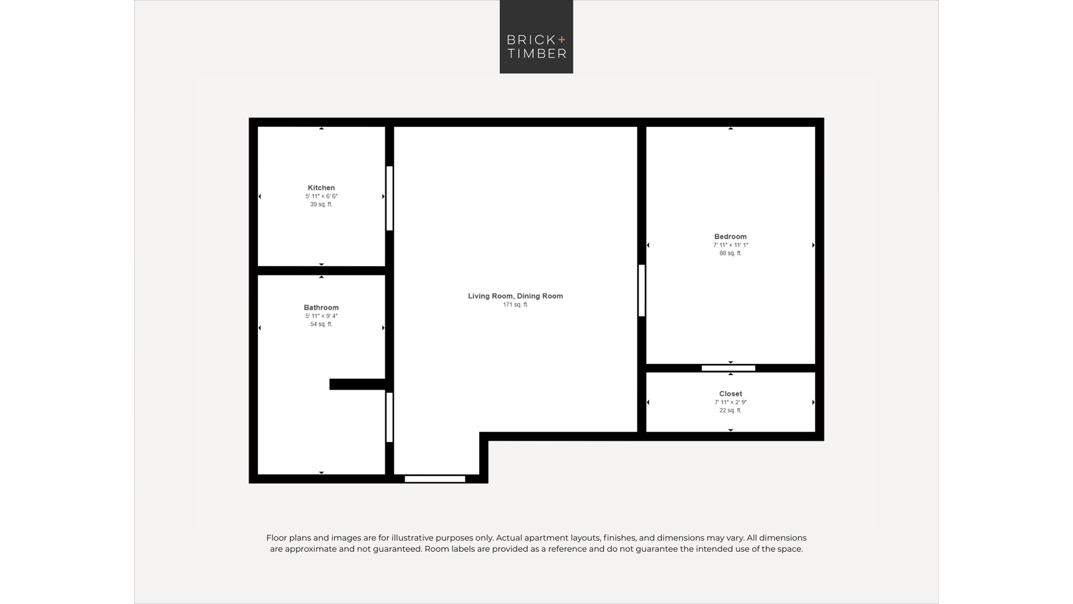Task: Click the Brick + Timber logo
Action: click(x=536, y=37)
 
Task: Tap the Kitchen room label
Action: click(x=321, y=187)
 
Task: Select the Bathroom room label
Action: click(x=321, y=308)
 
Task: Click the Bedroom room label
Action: click(x=730, y=237)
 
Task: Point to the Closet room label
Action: click(x=731, y=394)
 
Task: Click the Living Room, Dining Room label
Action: click(x=515, y=296)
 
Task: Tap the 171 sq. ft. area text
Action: click(x=516, y=304)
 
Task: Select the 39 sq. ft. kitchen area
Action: click(x=321, y=205)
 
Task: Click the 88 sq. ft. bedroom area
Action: click(x=730, y=253)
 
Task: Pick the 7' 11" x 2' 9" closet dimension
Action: click(x=731, y=402)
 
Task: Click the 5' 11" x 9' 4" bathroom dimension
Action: click(x=321, y=316)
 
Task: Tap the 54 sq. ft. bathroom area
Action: click(x=321, y=324)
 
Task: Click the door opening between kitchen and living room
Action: click(x=389, y=199)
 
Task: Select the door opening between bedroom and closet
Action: click(x=729, y=368)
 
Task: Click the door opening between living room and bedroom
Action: click(x=642, y=290)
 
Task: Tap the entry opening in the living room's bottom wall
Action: click(x=435, y=479)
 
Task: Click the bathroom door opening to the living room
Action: click(x=389, y=418)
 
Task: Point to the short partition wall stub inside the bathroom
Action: click(x=357, y=384)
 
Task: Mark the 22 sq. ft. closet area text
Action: click(x=731, y=411)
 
